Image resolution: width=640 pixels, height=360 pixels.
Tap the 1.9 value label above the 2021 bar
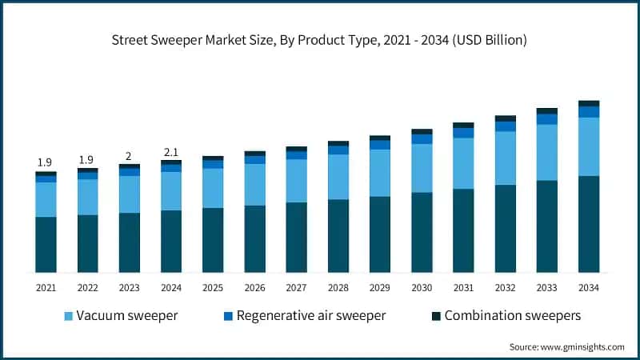46,162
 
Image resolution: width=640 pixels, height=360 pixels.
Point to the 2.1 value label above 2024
171,152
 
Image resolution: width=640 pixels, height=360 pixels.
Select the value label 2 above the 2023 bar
130,156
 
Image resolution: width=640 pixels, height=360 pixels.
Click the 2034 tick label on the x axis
589,288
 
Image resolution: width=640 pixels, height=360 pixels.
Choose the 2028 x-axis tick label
338,288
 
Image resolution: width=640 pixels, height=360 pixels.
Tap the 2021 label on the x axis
46,288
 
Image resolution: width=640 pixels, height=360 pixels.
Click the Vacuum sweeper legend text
127,315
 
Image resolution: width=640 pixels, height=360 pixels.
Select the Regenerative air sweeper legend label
311,315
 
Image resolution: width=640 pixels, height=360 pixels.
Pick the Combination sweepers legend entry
513,315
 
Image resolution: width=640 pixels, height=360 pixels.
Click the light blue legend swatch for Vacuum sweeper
68,316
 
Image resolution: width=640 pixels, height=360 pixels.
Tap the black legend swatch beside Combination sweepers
436,316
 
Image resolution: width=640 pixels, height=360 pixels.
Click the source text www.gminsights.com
566,347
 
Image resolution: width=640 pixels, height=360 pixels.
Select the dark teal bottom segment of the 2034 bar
589,224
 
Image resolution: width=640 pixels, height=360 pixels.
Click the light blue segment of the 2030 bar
422,168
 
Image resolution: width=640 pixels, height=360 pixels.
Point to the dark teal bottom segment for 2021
46,244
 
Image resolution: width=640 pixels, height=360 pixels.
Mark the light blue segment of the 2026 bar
255,184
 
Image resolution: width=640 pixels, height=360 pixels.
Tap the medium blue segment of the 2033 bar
547,119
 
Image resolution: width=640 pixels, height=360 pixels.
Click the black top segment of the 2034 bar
589,103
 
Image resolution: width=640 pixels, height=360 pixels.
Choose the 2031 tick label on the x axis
463,288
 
